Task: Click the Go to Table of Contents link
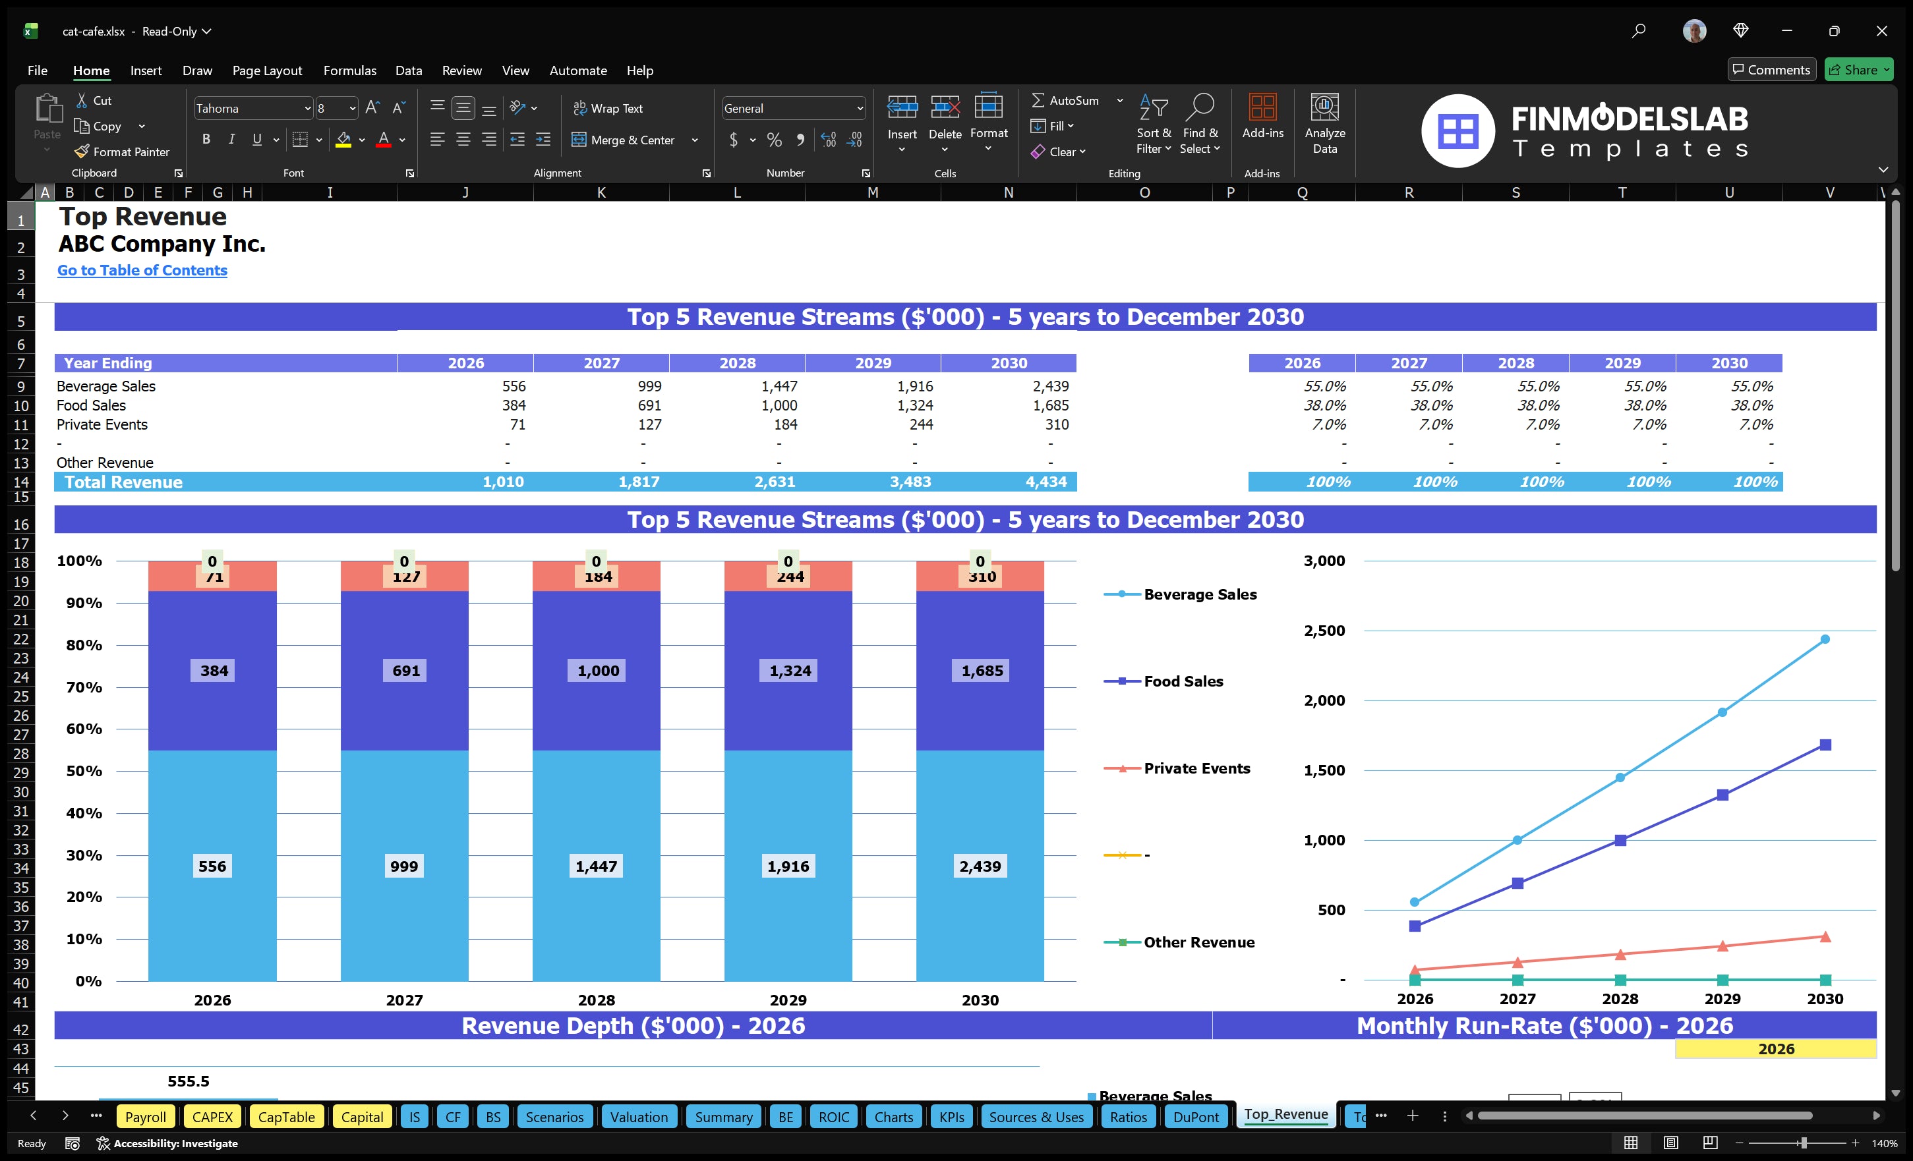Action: (x=142, y=270)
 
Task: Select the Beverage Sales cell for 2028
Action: (x=779, y=385)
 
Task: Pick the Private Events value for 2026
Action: (x=517, y=424)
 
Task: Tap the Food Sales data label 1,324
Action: (x=790, y=671)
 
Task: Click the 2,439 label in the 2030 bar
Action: (x=980, y=866)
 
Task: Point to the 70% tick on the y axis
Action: (x=83, y=687)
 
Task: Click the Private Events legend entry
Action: (x=1196, y=768)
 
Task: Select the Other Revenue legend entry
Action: (x=1198, y=942)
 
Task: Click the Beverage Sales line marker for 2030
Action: (x=1825, y=640)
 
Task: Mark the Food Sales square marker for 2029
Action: (x=1722, y=795)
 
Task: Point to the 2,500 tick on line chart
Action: (x=1324, y=630)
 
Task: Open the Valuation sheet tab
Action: (x=638, y=1117)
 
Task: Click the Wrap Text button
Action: (x=608, y=109)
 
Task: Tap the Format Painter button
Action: (x=122, y=152)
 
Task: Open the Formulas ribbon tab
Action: (x=349, y=71)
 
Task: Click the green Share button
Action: (x=1858, y=70)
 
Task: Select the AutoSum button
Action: (x=1065, y=100)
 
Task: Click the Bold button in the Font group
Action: (x=206, y=140)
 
